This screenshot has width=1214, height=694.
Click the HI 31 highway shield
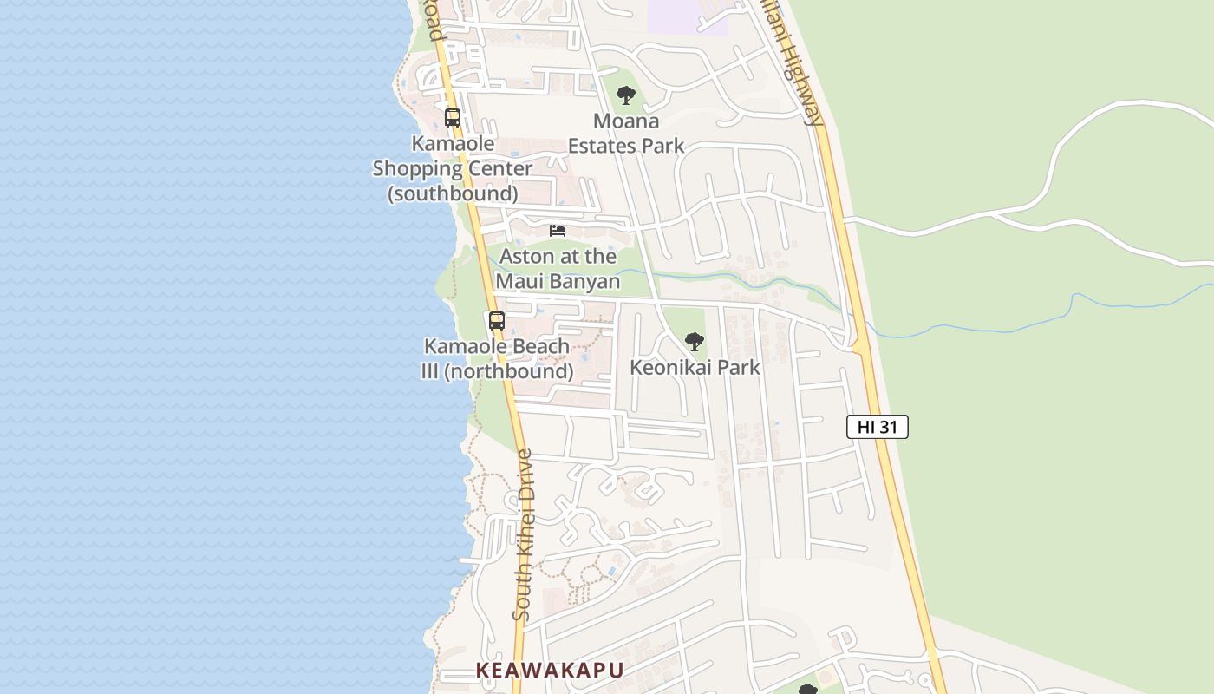point(877,427)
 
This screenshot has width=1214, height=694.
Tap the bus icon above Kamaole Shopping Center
point(453,118)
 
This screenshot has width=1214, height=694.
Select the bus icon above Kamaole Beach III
point(496,320)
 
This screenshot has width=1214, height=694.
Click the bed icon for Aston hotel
point(558,231)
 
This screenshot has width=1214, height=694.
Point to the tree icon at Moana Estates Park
point(626,95)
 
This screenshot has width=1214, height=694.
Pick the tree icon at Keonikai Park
point(694,342)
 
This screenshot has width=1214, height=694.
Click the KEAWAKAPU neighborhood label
point(549,670)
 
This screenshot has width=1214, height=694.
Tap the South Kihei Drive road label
point(524,534)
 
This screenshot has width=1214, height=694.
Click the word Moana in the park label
point(626,121)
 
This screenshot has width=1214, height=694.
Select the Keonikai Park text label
point(694,367)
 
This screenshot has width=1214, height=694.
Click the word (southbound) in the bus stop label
point(453,193)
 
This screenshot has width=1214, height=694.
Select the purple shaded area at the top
point(685,16)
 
